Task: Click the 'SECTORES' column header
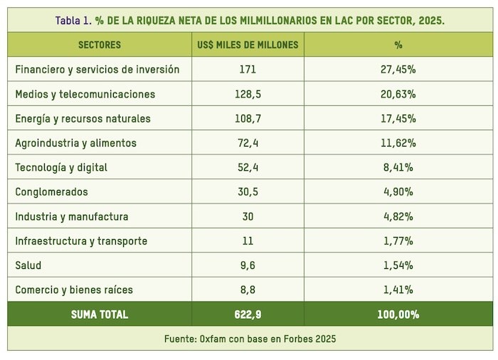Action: coord(100,45)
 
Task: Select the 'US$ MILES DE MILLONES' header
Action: coord(248,45)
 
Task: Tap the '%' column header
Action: coord(398,45)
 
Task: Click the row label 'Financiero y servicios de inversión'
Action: coord(97,70)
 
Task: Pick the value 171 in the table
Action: coord(248,70)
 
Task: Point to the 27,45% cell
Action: coord(398,70)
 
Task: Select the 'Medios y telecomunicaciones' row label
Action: coord(85,94)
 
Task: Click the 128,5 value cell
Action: coord(248,94)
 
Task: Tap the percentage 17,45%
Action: coord(398,119)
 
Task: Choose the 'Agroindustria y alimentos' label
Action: coord(75,143)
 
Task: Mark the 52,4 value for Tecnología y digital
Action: coord(248,168)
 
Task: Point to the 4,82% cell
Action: coord(398,216)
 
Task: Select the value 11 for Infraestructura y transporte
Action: coord(248,241)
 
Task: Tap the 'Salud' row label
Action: coord(28,265)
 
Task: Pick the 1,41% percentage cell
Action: coord(398,290)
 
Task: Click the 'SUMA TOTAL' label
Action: coord(100,314)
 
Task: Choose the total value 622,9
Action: coord(248,314)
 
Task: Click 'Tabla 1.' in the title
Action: coord(73,20)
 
